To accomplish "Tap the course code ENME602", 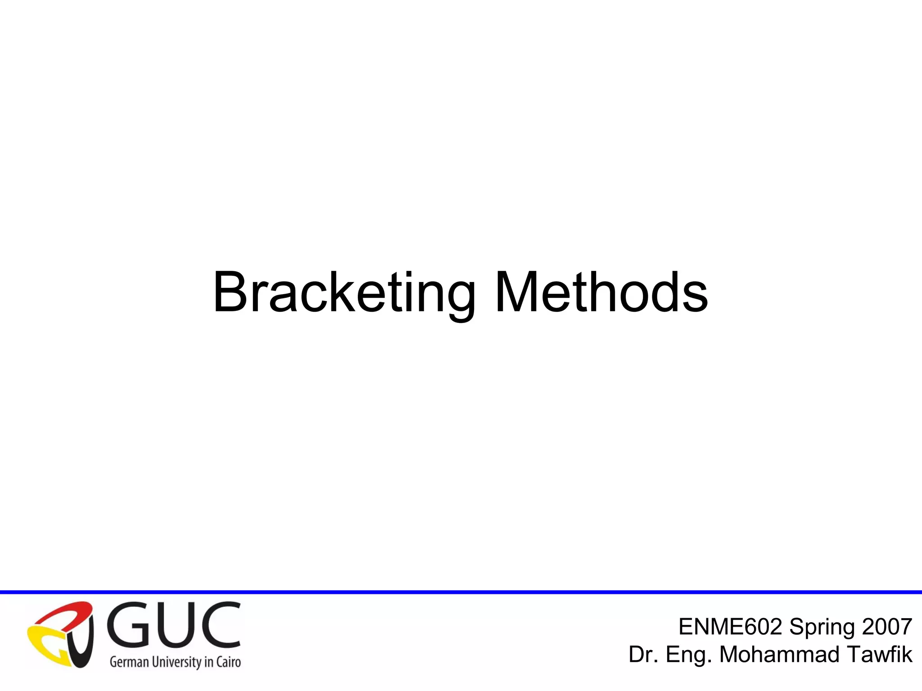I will click(730, 627).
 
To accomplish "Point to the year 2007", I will click(886, 627).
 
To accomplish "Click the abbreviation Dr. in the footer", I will click(643, 655).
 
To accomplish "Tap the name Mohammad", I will click(779, 655).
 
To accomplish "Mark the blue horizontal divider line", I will click(461, 592).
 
